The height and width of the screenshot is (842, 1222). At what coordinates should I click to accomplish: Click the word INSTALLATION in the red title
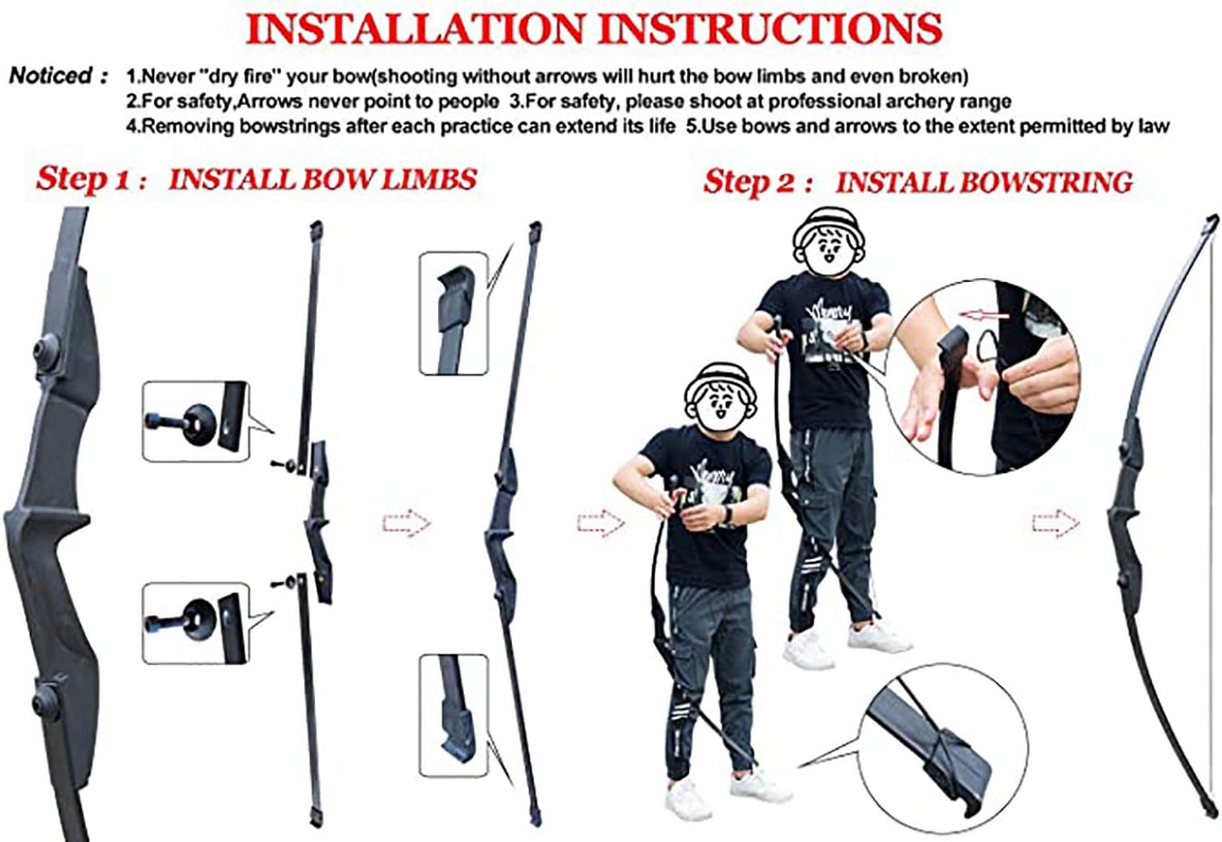pos(415,29)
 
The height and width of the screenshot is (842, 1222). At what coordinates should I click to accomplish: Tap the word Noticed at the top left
pos(51,75)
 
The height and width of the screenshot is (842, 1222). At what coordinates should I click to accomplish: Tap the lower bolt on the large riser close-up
pos(46,702)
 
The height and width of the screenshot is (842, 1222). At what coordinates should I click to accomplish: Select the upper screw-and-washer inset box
pos(196,421)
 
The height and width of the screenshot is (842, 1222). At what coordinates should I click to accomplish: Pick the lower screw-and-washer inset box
pos(196,623)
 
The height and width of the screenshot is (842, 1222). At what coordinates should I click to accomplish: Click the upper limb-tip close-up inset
pos(453,313)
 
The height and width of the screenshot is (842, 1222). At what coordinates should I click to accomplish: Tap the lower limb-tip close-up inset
pos(453,716)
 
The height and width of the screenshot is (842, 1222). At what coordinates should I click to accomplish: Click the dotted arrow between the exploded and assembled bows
pos(407,524)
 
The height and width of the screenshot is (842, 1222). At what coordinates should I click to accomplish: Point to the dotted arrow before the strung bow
pos(1055,524)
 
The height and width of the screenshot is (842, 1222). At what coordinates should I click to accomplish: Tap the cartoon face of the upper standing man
pos(829,244)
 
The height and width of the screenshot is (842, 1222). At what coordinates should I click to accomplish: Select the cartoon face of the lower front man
pos(721,401)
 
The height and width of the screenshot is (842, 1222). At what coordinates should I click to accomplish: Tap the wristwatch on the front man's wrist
pos(728,513)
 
